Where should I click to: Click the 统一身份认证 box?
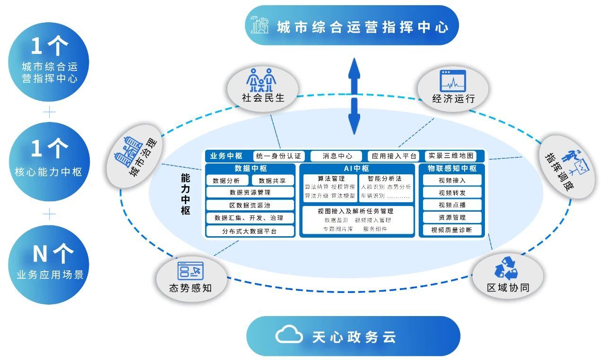pos(279,156)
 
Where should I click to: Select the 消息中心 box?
pos(337,156)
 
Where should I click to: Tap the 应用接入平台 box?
pos(393,156)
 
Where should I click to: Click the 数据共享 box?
pos(272,180)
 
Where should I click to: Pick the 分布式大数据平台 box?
pos(250,231)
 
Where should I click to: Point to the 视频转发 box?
pos(452,193)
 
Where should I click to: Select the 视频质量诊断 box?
pos(452,230)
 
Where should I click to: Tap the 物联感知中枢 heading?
pos(452,169)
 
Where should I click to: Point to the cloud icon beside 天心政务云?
pos(289,334)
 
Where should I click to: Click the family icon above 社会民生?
pos(261,80)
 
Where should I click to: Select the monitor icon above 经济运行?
pos(453,81)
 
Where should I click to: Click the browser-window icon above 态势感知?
pos(190,271)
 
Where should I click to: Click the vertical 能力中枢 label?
pos(186,194)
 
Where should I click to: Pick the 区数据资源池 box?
pos(250,206)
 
